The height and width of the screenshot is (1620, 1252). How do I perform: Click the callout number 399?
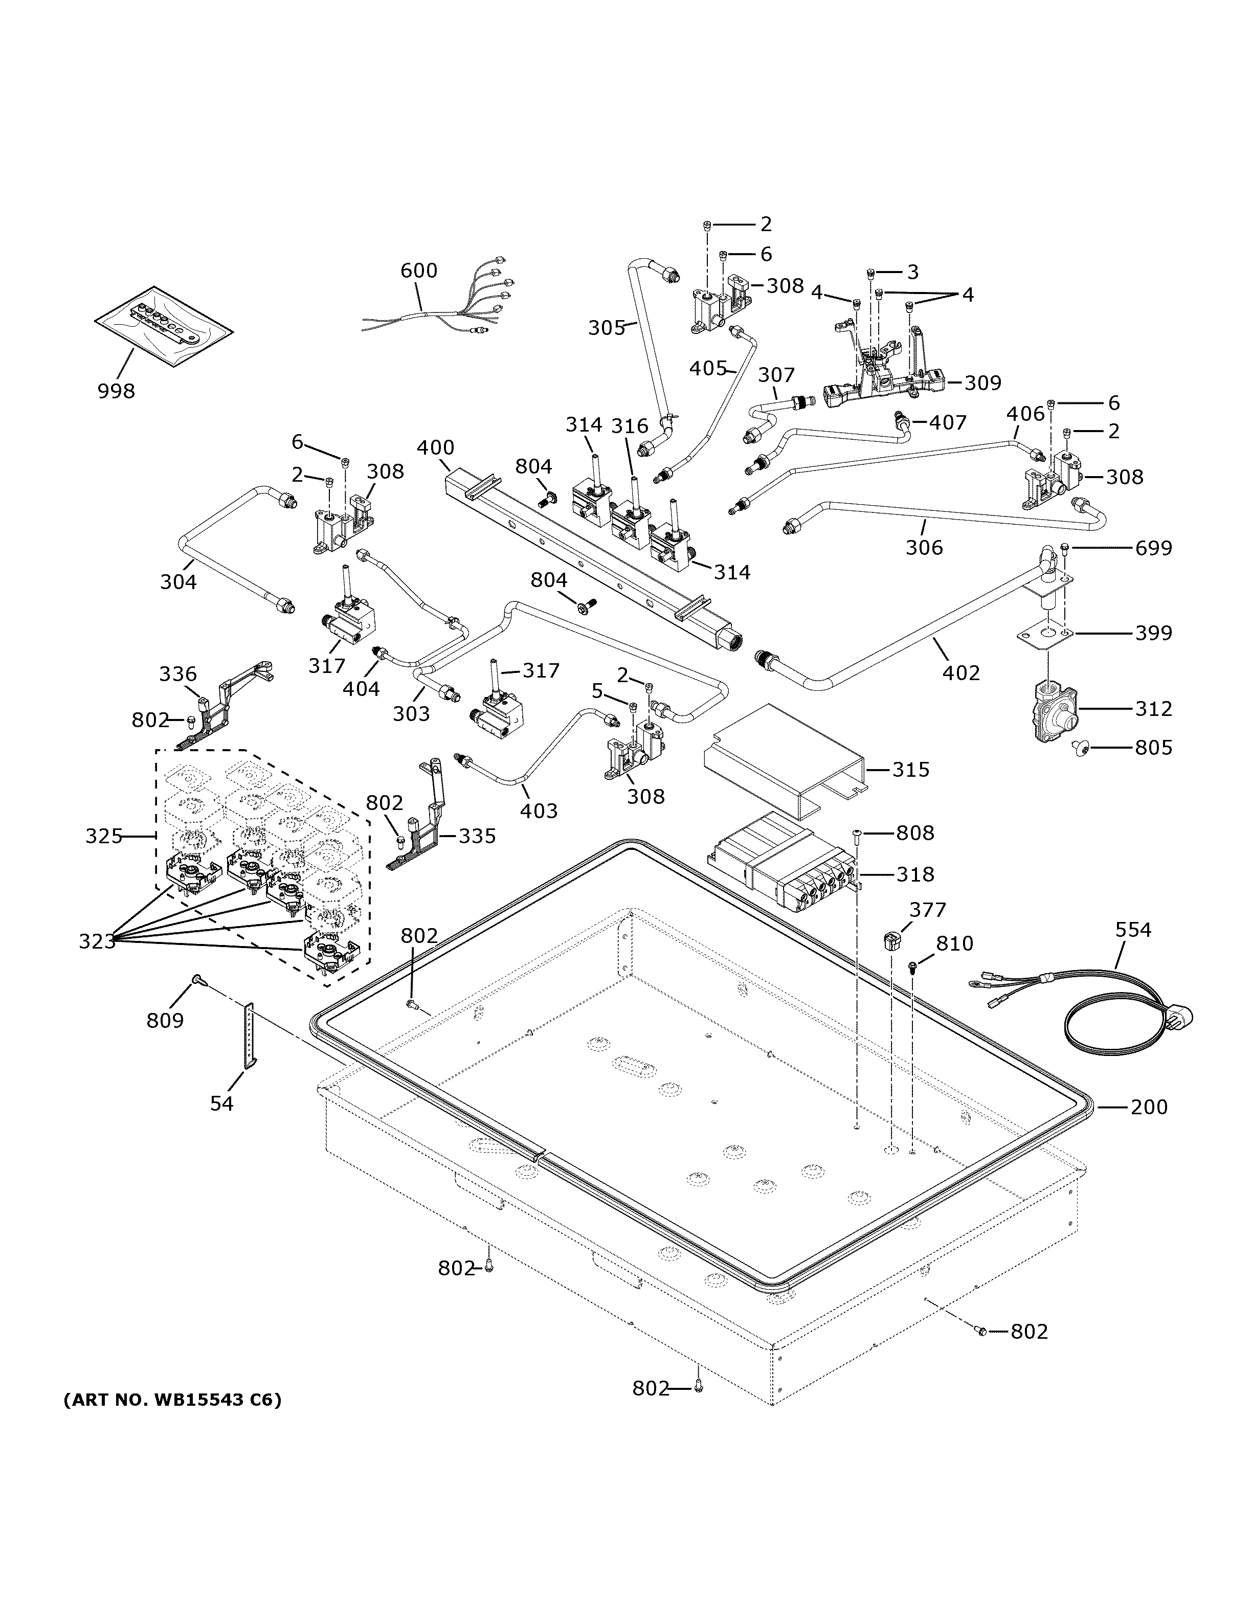pos(1153,633)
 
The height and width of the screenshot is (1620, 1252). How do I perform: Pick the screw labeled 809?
pos(197,981)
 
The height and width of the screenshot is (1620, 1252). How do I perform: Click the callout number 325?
pos(104,837)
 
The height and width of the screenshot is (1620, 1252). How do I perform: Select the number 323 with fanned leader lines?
pos(97,941)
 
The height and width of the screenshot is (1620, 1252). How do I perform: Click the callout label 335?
pos(477,836)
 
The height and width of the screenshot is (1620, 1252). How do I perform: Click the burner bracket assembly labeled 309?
pos(883,378)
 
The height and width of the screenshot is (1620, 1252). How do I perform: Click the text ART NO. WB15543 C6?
pos(172,1401)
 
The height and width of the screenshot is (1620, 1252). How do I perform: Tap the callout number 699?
pos(1153,548)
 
